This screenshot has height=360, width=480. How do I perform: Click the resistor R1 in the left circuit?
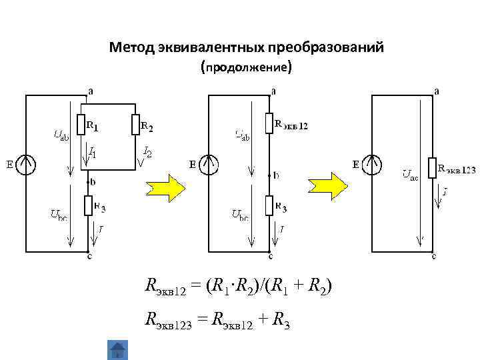[81, 125]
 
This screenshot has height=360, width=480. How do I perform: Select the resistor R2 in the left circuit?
[136, 125]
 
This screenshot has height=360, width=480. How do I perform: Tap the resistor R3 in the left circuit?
[87, 206]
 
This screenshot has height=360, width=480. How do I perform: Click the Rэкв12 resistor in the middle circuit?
[269, 123]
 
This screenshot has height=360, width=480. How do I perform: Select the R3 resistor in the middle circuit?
[269, 206]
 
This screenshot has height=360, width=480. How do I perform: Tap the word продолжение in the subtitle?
[245, 67]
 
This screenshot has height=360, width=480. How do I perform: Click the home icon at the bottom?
[117, 350]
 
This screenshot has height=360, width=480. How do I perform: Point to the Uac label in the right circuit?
[409, 175]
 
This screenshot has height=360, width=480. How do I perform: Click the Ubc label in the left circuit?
[59, 215]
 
